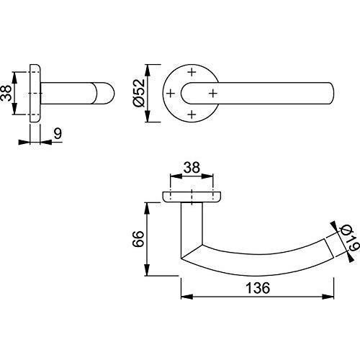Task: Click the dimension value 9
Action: click(x=58, y=133)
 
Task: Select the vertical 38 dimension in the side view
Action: click(x=6, y=93)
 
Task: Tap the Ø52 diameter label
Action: click(x=139, y=93)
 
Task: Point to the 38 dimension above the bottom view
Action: click(x=192, y=168)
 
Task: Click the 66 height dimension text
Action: click(x=138, y=239)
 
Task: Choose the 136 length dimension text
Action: click(x=258, y=288)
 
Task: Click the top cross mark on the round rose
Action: click(x=192, y=72)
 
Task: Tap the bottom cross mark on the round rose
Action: click(x=192, y=114)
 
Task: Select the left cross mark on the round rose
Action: click(x=171, y=93)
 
